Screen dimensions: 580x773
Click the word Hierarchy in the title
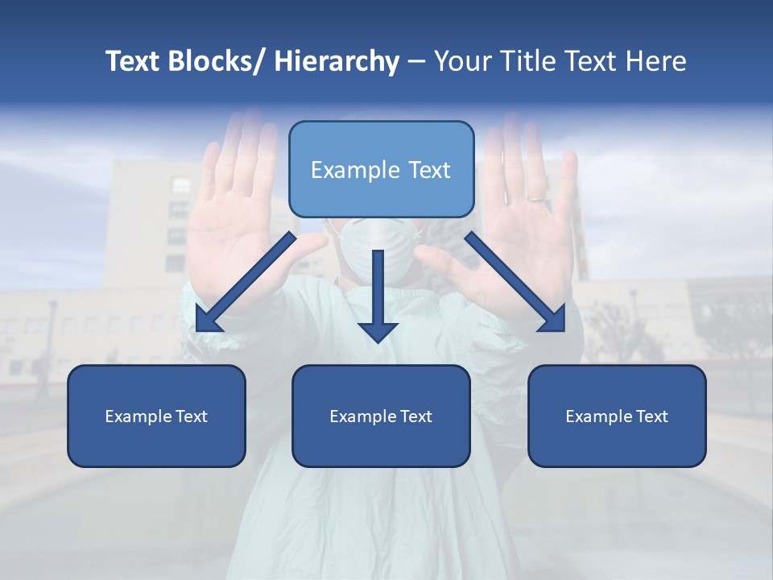pyautogui.click(x=337, y=61)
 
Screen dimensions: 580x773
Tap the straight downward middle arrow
pyautogui.click(x=378, y=294)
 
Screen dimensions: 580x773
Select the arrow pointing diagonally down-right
pyautogui.click(x=515, y=282)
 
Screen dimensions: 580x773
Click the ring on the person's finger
pyautogui.click(x=535, y=197)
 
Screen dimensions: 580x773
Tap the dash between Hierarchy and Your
pyautogui.click(x=416, y=62)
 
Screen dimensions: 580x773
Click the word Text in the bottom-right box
pyautogui.click(x=650, y=416)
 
